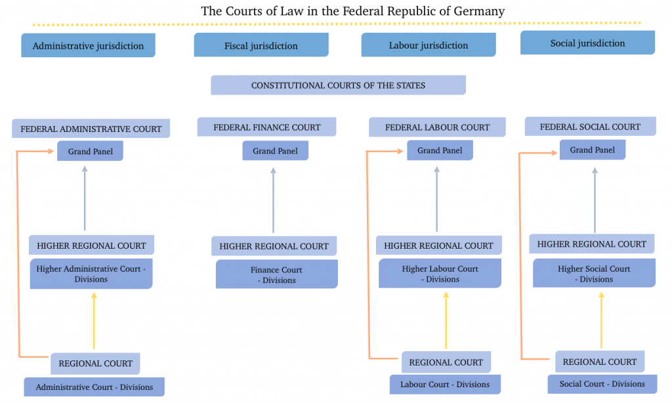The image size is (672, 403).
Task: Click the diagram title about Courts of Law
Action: (352, 11)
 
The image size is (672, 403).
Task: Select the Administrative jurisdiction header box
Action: (88, 46)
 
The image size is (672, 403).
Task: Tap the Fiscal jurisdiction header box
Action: (261, 45)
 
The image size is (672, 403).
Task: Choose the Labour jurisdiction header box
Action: (428, 45)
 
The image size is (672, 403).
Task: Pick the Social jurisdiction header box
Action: (587, 43)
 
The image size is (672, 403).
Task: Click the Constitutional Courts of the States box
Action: (338, 85)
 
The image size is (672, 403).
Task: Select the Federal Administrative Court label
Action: (91, 129)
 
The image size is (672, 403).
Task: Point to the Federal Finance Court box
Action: (266, 127)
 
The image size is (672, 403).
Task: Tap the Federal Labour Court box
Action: (437, 127)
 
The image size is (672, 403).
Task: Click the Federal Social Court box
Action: (590, 127)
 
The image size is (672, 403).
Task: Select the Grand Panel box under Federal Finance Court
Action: (275, 151)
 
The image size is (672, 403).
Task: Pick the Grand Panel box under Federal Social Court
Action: (592, 150)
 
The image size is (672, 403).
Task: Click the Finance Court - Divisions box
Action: (276, 274)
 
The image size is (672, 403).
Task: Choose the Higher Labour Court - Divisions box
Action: (440, 274)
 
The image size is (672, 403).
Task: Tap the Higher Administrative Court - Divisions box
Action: (91, 274)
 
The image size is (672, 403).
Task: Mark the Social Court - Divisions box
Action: (602, 384)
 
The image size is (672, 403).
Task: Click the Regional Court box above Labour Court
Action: (446, 362)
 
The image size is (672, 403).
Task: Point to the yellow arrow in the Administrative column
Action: (94, 322)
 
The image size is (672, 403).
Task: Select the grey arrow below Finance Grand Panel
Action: (274, 200)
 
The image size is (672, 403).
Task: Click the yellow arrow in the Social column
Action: (601, 320)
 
